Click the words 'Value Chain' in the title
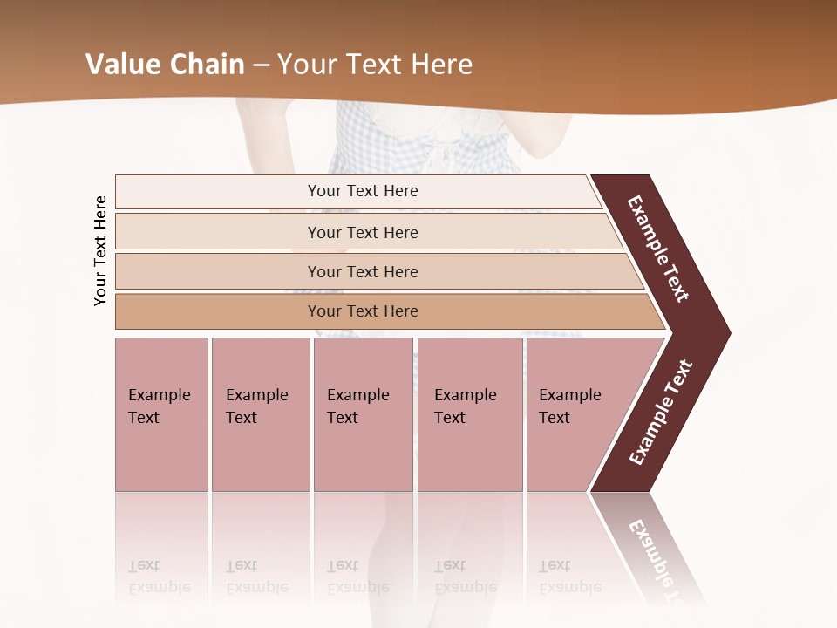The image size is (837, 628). click(x=165, y=65)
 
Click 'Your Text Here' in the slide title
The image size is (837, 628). click(x=375, y=65)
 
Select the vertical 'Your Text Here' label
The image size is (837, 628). click(x=100, y=250)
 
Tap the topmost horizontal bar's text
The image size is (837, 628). click(x=363, y=191)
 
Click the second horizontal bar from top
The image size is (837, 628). click(x=363, y=232)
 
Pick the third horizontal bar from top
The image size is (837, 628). click(x=363, y=272)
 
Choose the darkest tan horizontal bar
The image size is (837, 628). click(x=363, y=311)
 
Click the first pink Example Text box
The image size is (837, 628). click(x=160, y=406)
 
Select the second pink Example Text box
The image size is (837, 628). click(x=259, y=406)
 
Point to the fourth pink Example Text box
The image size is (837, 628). click(x=468, y=406)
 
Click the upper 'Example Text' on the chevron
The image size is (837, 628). click(x=658, y=249)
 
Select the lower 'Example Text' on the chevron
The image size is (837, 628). click(x=661, y=413)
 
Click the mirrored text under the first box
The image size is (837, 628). click(x=160, y=577)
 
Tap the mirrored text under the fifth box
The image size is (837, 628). click(x=570, y=577)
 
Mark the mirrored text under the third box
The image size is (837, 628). click(x=358, y=577)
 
